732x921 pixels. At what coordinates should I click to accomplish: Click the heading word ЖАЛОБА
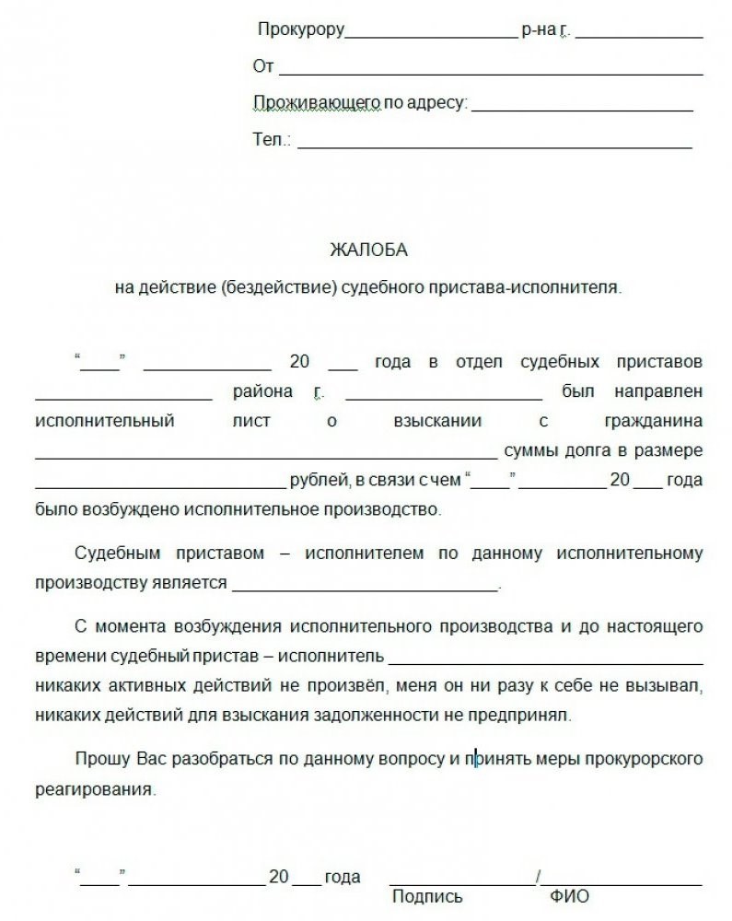(367, 250)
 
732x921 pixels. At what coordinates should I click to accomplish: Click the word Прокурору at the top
(301, 30)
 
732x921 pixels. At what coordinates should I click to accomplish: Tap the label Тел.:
(272, 141)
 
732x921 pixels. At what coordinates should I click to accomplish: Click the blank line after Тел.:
(494, 145)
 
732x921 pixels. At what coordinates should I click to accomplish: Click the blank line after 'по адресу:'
(582, 108)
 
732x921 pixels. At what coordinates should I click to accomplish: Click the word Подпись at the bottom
(426, 896)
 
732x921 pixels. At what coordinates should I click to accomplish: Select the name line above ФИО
(622, 883)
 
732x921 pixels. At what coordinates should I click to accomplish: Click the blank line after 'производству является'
(364, 588)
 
